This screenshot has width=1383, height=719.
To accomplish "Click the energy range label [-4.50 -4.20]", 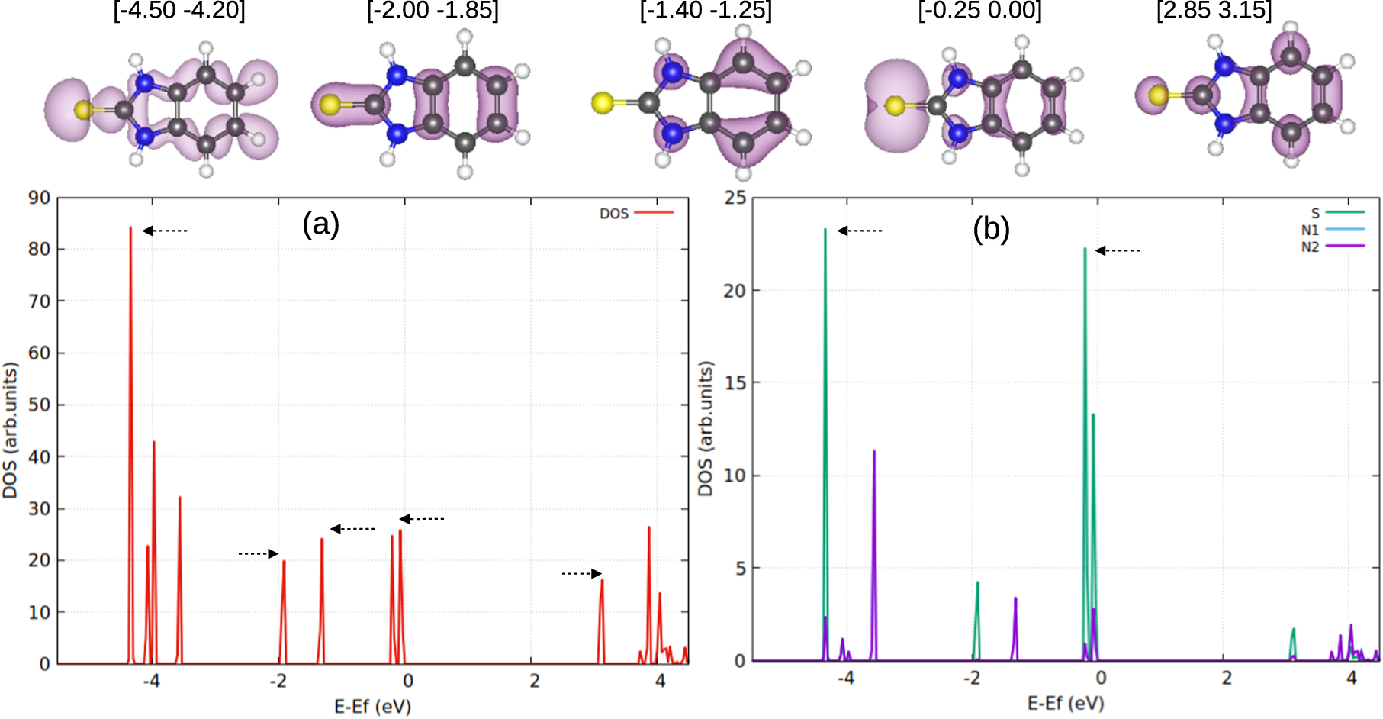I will [179, 11].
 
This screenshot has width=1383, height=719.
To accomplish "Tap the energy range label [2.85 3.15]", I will [1214, 11].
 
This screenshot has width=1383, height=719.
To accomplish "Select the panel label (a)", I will [320, 224].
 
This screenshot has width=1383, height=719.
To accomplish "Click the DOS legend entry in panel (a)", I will [635, 213].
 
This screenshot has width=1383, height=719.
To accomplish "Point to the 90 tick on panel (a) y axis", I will [39, 198].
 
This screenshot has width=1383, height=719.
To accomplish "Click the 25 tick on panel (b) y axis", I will [735, 198].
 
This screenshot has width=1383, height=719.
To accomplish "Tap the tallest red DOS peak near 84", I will [130, 229].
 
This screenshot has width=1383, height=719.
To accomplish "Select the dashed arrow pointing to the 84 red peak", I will [165, 231].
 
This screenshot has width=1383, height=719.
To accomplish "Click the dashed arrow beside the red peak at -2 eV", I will [259, 553].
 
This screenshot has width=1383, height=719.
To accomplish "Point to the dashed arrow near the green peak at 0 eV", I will [1118, 250].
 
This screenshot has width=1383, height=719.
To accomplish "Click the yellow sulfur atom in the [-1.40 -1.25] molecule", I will [602, 102].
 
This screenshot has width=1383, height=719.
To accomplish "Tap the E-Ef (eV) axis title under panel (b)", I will [1065, 703].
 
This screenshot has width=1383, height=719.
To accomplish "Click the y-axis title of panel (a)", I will [11, 430].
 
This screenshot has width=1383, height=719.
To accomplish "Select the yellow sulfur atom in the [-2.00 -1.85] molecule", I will [330, 105].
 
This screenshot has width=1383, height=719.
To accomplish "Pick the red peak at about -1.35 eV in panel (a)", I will [322, 542].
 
